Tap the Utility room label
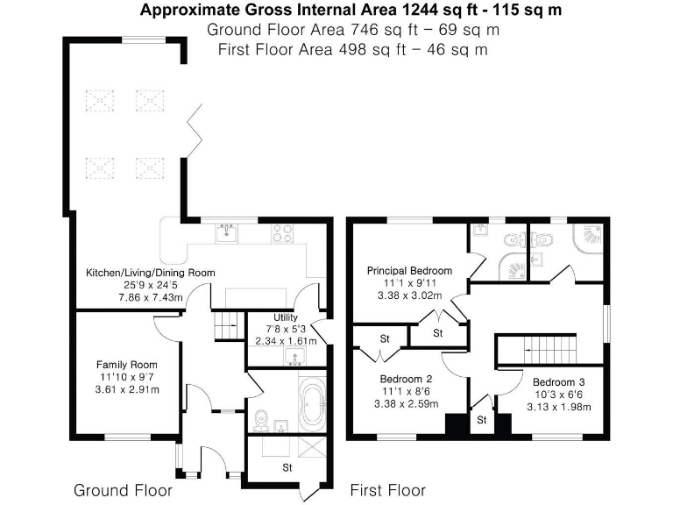286,317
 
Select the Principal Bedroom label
409,271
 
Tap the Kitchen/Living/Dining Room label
150,273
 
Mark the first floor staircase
536,350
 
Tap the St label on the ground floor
286,468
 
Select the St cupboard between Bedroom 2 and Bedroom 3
481,420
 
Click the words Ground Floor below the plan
123,489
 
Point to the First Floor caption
387,489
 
